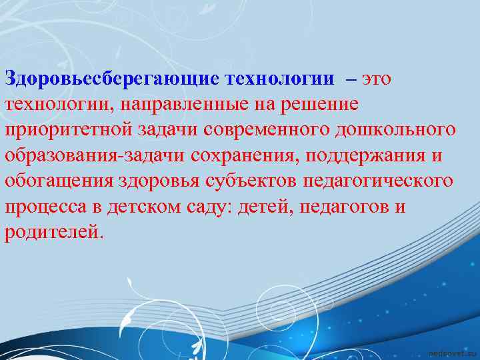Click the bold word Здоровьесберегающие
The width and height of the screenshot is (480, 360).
112,79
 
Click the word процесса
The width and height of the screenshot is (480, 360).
45,206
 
